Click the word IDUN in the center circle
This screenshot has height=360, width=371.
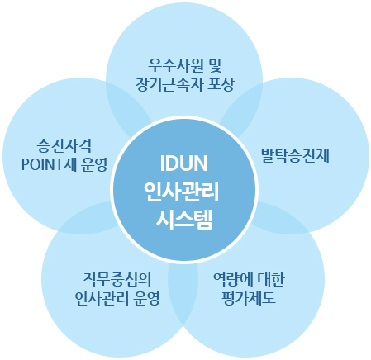(x=183, y=163)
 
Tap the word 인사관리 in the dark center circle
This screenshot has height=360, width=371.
(x=182, y=192)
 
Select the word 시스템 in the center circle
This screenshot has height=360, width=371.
(x=184, y=220)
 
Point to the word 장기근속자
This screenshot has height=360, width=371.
(x=169, y=84)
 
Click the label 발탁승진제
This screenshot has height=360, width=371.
(x=295, y=155)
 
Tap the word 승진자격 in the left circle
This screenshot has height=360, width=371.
(x=64, y=145)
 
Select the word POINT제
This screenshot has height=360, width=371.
(x=50, y=164)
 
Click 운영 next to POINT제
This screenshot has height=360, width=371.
(x=93, y=164)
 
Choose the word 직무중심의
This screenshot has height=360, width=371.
(x=117, y=279)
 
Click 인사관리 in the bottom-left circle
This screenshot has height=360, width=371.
(x=102, y=298)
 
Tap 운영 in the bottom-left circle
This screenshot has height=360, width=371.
(x=146, y=298)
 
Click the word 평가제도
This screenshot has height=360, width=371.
(x=249, y=298)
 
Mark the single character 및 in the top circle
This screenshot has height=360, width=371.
(x=215, y=65)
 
